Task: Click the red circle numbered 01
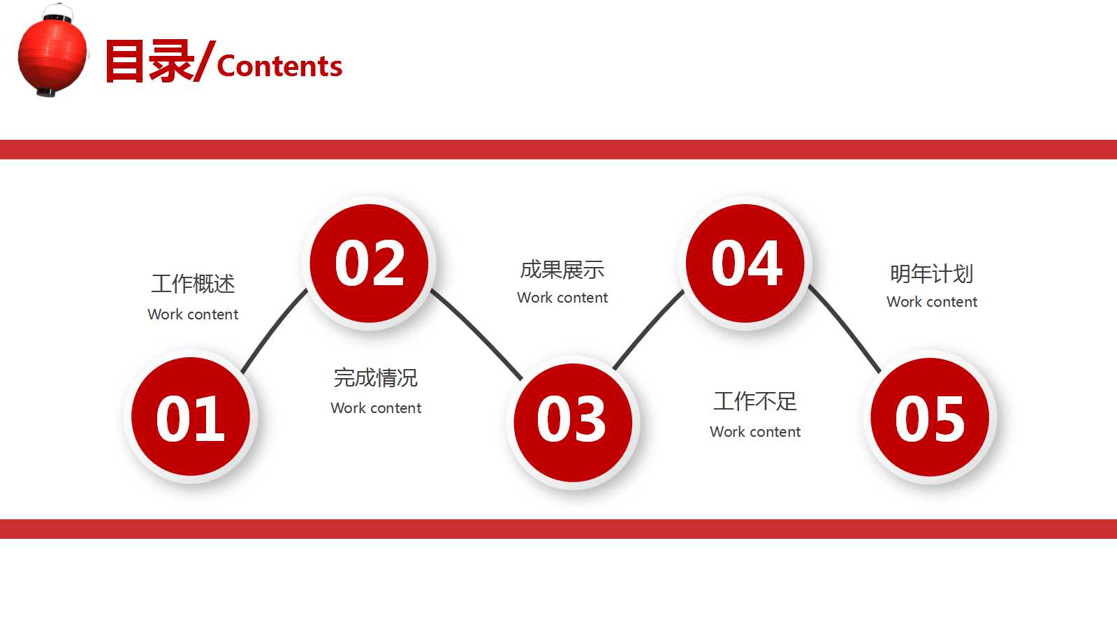191,417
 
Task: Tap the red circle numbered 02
370,263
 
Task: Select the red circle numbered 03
573,421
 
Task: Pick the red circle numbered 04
745,263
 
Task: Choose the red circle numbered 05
930,417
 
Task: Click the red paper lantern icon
52,51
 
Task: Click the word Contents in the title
279,66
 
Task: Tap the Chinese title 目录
149,62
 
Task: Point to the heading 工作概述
193,284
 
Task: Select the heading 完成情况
376,378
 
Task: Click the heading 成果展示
562,270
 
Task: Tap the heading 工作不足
755,401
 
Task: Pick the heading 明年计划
931,274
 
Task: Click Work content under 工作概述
193,314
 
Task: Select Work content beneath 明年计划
932,302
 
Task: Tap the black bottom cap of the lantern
46,92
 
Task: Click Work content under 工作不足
755,432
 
